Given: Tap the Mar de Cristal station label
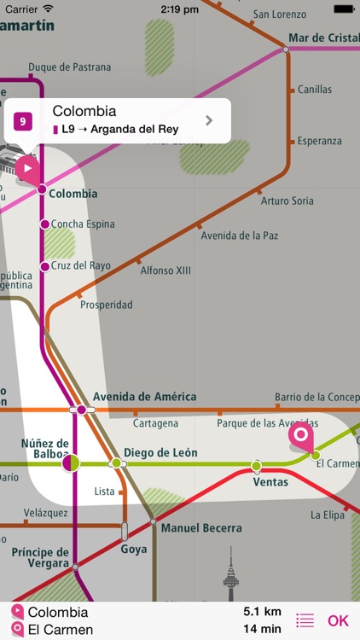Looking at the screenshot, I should (323, 38).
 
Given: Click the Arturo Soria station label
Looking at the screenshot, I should (287, 201).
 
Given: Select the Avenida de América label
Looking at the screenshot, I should (144, 397).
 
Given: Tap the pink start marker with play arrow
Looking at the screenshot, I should (27, 167).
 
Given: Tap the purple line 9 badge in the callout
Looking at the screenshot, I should (23, 121).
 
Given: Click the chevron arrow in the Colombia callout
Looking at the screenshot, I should (209, 120).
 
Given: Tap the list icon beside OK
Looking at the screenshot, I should (305, 621).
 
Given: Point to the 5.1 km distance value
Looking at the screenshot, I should (262, 612).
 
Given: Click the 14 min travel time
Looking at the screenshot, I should (263, 629).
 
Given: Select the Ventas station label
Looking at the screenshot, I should (270, 481).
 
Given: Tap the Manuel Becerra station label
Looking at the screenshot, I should (201, 528).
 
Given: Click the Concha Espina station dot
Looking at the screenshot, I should (44, 224).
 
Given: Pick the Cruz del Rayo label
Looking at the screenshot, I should (80, 265).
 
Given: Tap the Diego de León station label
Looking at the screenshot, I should (160, 452).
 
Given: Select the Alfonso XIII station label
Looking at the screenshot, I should (165, 271).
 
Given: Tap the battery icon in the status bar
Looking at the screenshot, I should (343, 8).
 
